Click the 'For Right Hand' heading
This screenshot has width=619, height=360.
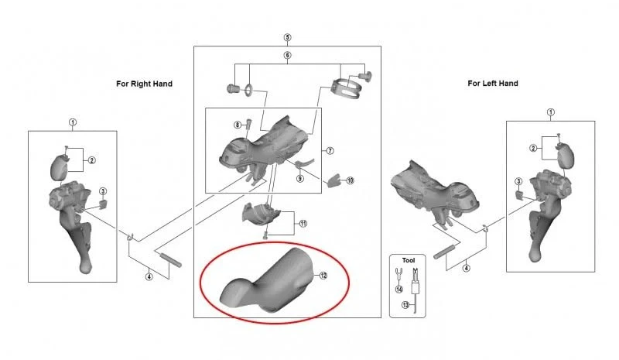coord(144,84)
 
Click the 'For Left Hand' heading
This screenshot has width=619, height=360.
coord(493,84)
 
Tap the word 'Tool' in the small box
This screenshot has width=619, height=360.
coord(409,260)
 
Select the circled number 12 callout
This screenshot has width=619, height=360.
coord(323,276)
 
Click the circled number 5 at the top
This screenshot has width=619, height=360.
coord(287,37)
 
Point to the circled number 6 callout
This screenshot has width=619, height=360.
coord(287,55)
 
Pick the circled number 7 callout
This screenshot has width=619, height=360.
coord(330,150)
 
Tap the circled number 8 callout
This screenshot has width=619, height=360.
coord(238,125)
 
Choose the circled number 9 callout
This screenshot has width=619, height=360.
coord(300,179)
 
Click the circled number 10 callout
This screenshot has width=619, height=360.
coord(351,180)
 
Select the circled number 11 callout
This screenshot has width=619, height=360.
coord(303,224)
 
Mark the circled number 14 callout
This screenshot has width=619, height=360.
coord(399,290)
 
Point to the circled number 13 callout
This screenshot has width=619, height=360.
coord(405,305)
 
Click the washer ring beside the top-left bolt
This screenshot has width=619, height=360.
coord(248,89)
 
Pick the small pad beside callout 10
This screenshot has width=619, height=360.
coord(334,180)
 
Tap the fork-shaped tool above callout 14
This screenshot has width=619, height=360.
coord(398,274)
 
